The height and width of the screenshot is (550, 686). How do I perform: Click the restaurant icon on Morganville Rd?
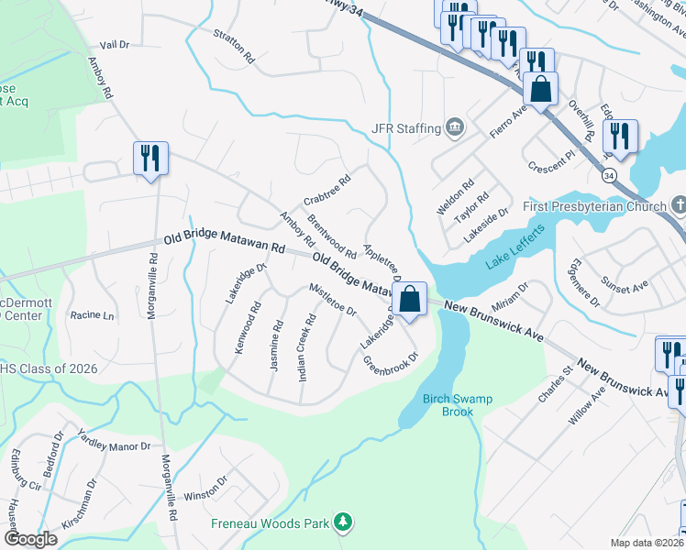click(149, 158)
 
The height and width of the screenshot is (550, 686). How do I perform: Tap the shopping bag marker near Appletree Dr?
click(410, 298)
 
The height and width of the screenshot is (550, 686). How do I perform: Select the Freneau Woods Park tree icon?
click(343, 522)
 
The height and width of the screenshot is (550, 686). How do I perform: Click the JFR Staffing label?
click(405, 128)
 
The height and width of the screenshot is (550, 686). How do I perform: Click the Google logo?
click(30, 538)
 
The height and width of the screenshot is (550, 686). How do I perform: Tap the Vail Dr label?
click(115, 44)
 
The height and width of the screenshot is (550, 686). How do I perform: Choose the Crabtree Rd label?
click(327, 192)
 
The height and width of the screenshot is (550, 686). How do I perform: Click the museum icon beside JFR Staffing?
click(454, 127)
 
